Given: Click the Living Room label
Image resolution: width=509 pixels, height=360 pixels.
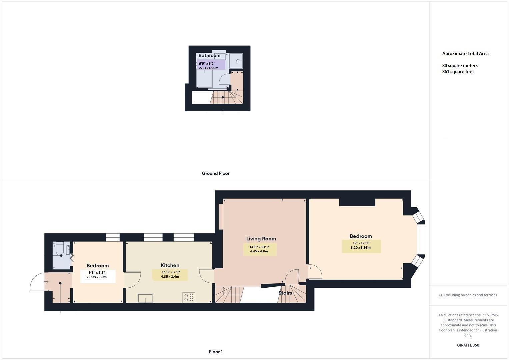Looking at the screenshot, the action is click(x=261, y=239).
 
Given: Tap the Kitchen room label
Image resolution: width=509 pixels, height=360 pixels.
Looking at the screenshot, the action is click(x=170, y=265).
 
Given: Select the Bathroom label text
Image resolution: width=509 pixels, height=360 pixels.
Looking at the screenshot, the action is click(x=209, y=55).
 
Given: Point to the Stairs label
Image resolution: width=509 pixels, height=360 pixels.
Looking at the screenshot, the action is click(x=285, y=293).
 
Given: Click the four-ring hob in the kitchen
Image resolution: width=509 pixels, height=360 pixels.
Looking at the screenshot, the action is click(x=189, y=297).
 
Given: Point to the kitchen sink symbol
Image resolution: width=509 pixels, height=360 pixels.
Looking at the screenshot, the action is click(x=145, y=298).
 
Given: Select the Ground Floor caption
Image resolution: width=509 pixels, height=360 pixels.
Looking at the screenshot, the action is click(x=216, y=173).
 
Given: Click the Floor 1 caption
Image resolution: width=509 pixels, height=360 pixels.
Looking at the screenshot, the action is click(x=216, y=352).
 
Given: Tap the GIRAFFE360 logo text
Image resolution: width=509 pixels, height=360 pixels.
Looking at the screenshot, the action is click(x=468, y=345).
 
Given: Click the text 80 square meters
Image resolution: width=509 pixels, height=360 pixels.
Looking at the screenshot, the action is click(x=460, y=66).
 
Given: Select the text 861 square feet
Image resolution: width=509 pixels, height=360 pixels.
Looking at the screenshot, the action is click(x=458, y=72).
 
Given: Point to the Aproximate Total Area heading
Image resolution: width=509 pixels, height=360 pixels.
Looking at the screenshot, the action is click(x=465, y=54).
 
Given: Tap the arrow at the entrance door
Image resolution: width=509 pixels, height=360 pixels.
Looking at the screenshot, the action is click(x=46, y=282).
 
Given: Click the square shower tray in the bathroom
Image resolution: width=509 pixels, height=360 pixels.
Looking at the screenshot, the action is click(x=236, y=61).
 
